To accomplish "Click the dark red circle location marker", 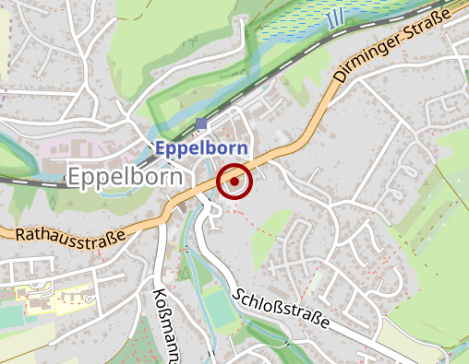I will pos(234,181).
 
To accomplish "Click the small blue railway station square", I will pos(201,123).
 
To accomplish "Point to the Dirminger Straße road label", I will pos(391,47).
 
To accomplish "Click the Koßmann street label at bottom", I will pos(162,323).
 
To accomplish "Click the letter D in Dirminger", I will pos(340,78).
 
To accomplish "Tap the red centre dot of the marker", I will pos(234,181).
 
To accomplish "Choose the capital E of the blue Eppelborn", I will pos(161,147).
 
